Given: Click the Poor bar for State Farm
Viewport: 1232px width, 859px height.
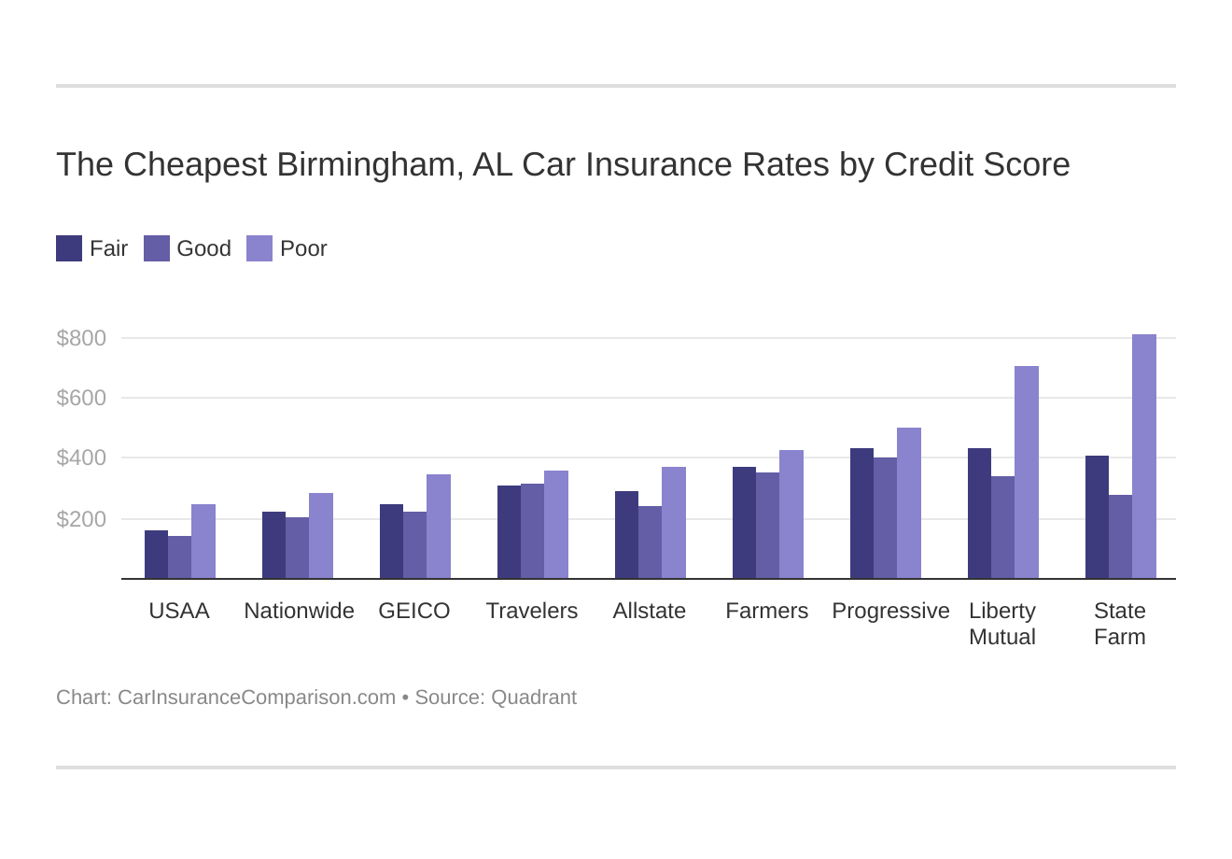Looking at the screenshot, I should coord(1143,457).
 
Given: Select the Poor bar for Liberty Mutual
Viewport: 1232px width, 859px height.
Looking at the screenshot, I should coord(1026,472).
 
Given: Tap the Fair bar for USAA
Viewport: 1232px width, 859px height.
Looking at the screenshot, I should coord(156,555).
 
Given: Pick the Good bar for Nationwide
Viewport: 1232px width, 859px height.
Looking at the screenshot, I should coord(297,548).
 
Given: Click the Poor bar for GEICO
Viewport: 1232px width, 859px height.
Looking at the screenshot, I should coord(438,527).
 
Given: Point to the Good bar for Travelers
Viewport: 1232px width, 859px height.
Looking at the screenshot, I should coord(532,531).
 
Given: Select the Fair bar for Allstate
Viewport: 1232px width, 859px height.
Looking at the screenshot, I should coord(626,535).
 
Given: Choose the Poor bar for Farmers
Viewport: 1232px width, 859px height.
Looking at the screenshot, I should coord(791,514).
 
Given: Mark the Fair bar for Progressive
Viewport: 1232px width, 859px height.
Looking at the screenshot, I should coord(861,514).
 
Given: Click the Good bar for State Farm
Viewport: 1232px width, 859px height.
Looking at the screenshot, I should coord(1120,537).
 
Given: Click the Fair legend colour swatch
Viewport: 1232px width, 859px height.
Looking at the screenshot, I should coord(69,248).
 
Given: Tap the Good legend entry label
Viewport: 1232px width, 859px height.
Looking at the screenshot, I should coord(203,248).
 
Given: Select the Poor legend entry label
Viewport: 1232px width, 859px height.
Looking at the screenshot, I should coord(303,248).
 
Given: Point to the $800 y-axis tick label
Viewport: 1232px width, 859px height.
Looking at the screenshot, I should coord(81,338).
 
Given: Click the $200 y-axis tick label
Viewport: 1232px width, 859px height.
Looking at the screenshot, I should coord(81,519).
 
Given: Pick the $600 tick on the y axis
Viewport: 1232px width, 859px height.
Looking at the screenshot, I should coord(81,398).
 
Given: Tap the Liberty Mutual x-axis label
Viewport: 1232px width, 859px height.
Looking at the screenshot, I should coord(1002,624).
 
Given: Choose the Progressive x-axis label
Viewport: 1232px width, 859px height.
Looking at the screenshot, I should coord(890,611).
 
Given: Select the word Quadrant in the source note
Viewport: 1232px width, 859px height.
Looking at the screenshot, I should coord(534,697).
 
